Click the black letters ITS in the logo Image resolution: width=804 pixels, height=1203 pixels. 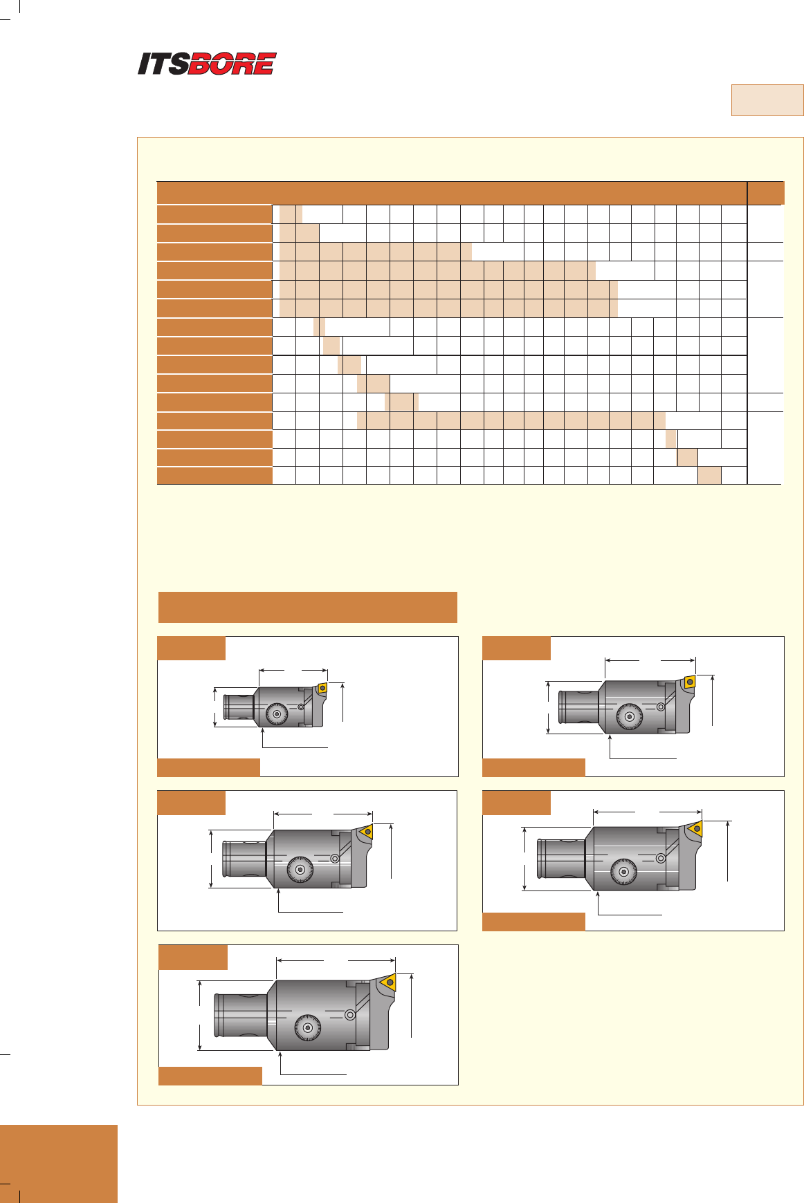pyautogui.click(x=163, y=64)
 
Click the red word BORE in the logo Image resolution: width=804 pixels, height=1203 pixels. pyautogui.click(x=232, y=64)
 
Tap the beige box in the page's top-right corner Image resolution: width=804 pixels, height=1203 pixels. pyautogui.click(x=767, y=100)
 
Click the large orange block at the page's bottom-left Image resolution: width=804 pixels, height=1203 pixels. pyautogui.click(x=59, y=1164)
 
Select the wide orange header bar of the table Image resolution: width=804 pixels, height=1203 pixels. pyautogui.click(x=453, y=193)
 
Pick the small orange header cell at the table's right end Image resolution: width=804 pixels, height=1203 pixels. pyautogui.click(x=766, y=193)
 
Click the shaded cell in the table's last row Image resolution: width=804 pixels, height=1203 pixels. pyautogui.click(x=709, y=475)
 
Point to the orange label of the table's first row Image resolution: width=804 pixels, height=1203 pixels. pyautogui.click(x=214, y=214)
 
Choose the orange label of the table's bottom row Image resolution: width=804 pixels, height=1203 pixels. pyautogui.click(x=214, y=475)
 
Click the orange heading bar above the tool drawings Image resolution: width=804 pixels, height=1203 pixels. pyautogui.click(x=308, y=607)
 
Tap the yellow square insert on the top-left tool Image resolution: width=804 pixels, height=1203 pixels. pyautogui.click(x=322, y=688)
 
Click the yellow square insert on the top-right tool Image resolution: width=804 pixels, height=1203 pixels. pyautogui.click(x=689, y=682)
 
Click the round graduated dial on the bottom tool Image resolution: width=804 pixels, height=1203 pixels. pyautogui.click(x=307, y=1028)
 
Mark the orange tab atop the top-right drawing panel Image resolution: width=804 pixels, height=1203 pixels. pyautogui.click(x=516, y=649)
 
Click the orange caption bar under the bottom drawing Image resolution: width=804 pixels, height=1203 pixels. pyautogui.click(x=210, y=1076)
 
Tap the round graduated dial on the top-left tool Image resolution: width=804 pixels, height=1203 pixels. pyautogui.click(x=277, y=714)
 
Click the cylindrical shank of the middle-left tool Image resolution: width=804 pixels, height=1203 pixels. pyautogui.click(x=244, y=859)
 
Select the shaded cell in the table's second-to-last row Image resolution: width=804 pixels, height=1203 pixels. pyautogui.click(x=687, y=458)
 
